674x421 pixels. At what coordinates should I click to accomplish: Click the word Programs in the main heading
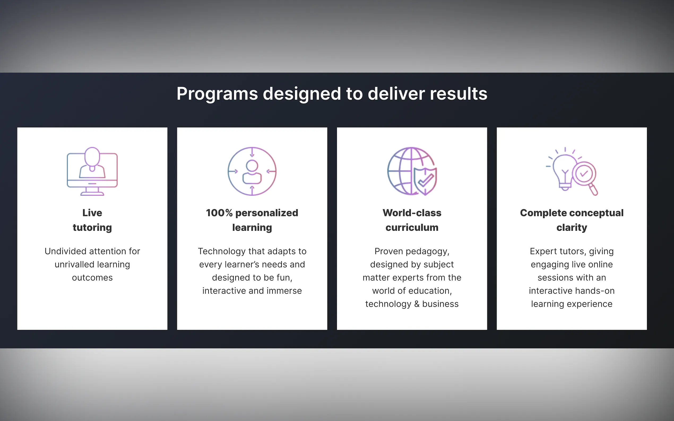coord(217,94)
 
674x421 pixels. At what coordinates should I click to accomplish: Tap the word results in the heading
coord(459,94)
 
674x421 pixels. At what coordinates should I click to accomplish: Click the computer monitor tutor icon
coord(92,171)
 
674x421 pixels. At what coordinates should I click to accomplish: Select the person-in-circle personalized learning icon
coord(252,171)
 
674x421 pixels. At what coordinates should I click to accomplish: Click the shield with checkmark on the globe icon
coord(425,181)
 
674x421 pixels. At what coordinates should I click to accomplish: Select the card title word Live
coord(92,213)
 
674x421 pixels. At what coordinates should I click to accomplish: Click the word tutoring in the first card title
coord(92,228)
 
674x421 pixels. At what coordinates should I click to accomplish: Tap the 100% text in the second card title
coord(219,213)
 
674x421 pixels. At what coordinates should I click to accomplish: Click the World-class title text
coord(412,213)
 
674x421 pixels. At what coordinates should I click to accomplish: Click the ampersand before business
coord(417,304)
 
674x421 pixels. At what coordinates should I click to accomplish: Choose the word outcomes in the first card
coord(92,278)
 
